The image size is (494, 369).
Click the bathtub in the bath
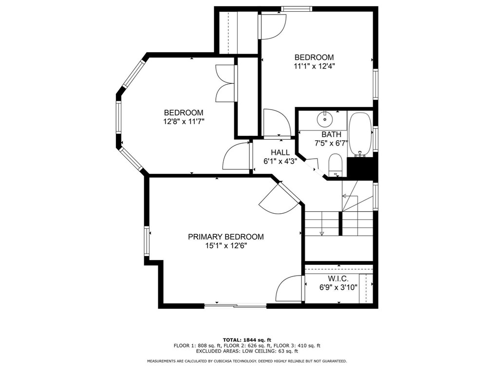tap(360, 133)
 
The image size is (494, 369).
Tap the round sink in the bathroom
tap(323, 119)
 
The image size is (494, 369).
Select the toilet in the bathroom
tap(335, 164)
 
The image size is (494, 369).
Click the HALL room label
tap(280, 152)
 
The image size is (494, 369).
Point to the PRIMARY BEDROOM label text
tap(226, 237)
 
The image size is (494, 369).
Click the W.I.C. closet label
tap(338, 278)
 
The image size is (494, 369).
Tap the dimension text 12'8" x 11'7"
tap(183, 122)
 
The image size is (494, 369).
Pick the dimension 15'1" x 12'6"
tap(226, 246)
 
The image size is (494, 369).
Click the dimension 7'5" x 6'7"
tap(331, 143)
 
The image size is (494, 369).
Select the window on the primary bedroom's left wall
tap(146, 241)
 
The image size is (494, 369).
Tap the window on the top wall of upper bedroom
tap(297, 8)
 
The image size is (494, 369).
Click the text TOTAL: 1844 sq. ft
tap(247, 339)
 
